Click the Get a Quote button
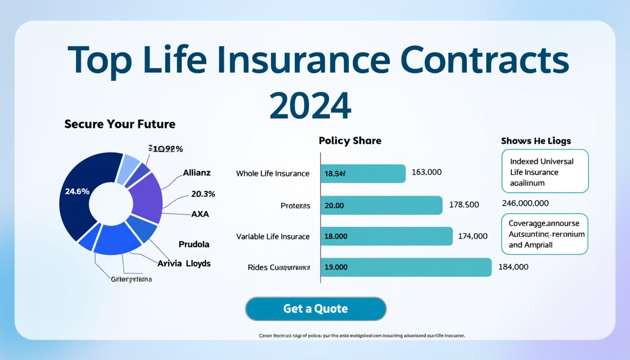pos(315,309)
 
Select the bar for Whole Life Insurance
pos(363,173)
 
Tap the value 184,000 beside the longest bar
pos(513,267)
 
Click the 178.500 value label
pos(464,205)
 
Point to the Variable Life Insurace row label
pos(273,237)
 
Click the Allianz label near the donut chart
pos(196,172)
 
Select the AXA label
pos(200,214)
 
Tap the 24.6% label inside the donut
pos(74,191)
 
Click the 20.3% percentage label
pos(203,194)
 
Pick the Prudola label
pos(194,244)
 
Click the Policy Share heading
pos(350,141)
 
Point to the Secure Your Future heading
pos(120,124)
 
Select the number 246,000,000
pos(525,203)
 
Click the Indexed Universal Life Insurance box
pos(545,172)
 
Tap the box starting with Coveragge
pos(545,234)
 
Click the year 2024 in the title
pos(310,106)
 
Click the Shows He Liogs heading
pos(536,141)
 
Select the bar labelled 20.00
pos(381,205)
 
